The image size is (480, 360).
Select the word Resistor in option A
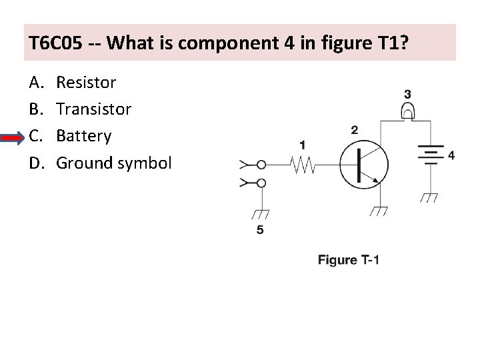(86, 83)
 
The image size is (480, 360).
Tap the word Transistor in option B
(93, 109)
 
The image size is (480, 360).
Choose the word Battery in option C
(83, 135)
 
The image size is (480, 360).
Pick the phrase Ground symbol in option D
(113, 162)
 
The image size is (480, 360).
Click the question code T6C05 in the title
(56, 43)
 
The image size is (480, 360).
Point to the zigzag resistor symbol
(303, 164)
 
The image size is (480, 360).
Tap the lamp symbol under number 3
(407, 113)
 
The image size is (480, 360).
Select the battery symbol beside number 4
(430, 155)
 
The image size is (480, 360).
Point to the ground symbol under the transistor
(379, 211)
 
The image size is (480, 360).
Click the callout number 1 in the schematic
(303, 144)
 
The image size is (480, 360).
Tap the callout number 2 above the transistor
(354, 129)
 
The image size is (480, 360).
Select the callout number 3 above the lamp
(407, 95)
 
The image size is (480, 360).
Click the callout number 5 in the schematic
(260, 230)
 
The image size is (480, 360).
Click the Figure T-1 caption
(348, 259)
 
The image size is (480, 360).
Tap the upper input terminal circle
(262, 164)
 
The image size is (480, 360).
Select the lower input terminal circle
(262, 183)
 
